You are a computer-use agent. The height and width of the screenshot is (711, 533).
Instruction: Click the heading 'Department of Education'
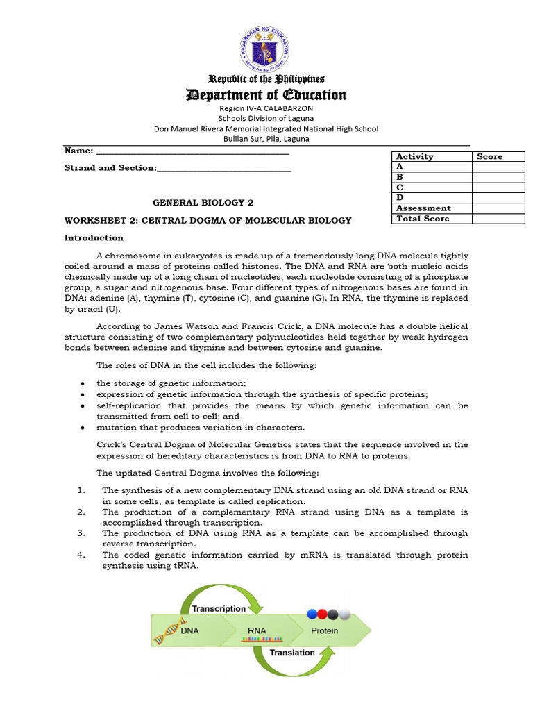(x=266, y=94)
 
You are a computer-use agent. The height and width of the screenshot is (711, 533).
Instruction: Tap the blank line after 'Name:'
(x=192, y=151)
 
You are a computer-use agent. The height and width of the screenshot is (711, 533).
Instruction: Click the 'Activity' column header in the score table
(x=414, y=156)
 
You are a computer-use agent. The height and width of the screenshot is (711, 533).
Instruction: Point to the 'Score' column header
(x=489, y=156)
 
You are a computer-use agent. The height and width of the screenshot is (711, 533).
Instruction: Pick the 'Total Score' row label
(x=423, y=219)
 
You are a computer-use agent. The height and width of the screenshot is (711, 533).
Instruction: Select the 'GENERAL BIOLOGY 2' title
(x=203, y=203)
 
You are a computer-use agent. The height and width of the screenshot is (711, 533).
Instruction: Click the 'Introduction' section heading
(x=94, y=237)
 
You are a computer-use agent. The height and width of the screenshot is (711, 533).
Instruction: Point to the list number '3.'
(x=81, y=533)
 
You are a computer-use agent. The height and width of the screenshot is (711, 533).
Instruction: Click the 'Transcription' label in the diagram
(x=219, y=608)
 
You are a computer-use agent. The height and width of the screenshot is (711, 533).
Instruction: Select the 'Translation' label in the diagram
(x=291, y=653)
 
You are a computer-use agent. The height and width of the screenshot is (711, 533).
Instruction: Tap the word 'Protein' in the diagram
(x=324, y=631)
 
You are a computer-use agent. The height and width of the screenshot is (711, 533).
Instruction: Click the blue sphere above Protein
(x=312, y=614)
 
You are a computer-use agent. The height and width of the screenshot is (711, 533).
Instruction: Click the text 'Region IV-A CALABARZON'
(x=266, y=109)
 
